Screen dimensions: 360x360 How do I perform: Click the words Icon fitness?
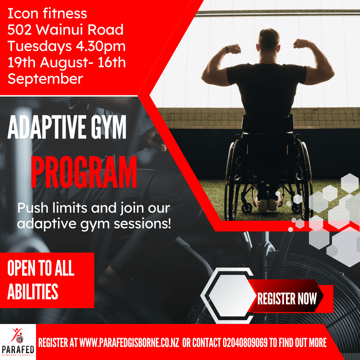(47, 13)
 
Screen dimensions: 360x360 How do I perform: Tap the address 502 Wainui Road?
(65, 30)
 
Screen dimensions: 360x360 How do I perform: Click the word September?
(45, 79)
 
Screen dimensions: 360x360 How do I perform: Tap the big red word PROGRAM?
(84, 172)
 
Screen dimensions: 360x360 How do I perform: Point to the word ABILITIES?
(33, 292)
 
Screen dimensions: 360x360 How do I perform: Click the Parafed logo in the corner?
(18, 342)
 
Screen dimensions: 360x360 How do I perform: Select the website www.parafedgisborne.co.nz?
(129, 343)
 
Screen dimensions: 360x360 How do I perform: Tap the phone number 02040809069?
(245, 343)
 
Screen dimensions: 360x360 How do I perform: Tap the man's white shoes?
(267, 204)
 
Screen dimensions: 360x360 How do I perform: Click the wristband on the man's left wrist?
(227, 50)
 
